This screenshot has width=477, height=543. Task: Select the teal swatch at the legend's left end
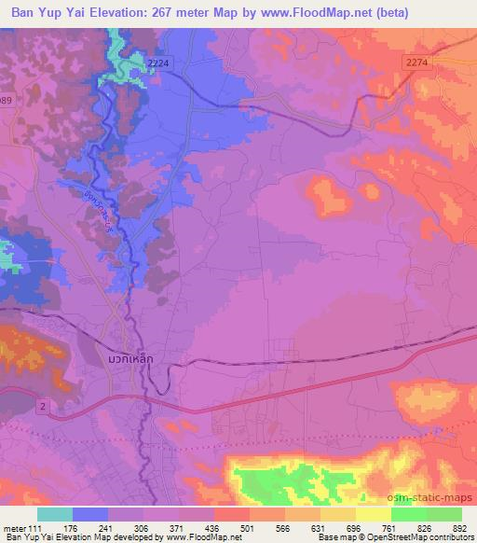(x=55, y=514)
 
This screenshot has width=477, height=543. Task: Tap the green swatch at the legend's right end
(x=443, y=514)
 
